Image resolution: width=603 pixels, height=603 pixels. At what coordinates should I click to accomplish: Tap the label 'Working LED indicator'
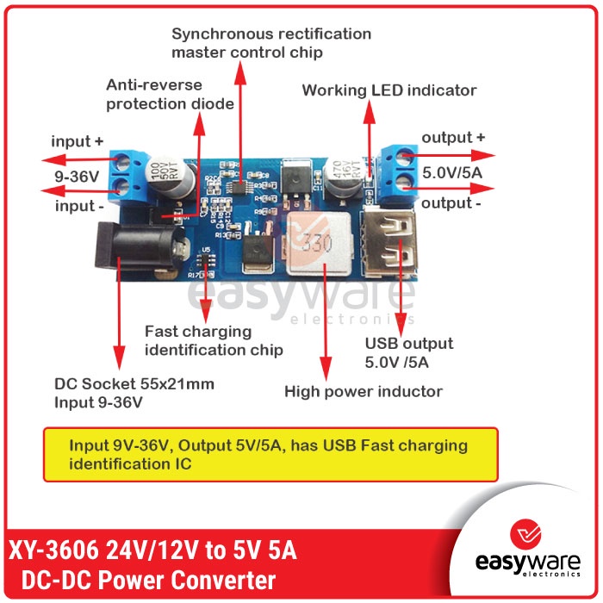(389, 90)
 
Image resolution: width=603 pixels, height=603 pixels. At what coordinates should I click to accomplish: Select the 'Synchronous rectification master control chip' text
(271, 43)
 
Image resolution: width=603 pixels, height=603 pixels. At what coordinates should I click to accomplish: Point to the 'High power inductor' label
(364, 392)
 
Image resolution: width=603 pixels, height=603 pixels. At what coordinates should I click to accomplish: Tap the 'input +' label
(78, 140)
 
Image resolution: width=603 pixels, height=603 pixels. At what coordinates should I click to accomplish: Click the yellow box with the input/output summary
(270, 454)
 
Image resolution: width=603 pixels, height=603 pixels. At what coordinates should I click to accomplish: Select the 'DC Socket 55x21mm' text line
(134, 384)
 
